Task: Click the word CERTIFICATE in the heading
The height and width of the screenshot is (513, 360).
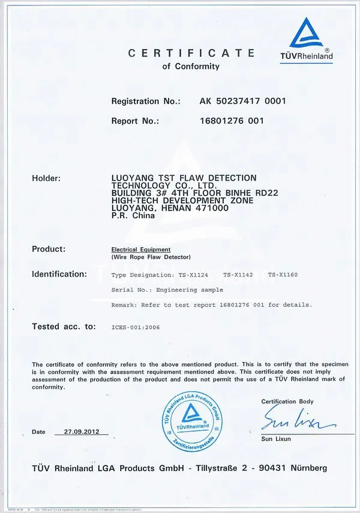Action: (x=191, y=53)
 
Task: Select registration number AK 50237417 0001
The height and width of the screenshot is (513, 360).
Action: (x=243, y=101)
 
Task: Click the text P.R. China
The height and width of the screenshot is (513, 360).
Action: (x=133, y=216)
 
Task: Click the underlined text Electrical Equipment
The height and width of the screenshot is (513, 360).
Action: (x=141, y=249)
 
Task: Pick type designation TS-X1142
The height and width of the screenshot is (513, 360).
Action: (x=238, y=274)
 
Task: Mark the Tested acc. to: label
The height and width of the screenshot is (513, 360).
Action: (x=64, y=327)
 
